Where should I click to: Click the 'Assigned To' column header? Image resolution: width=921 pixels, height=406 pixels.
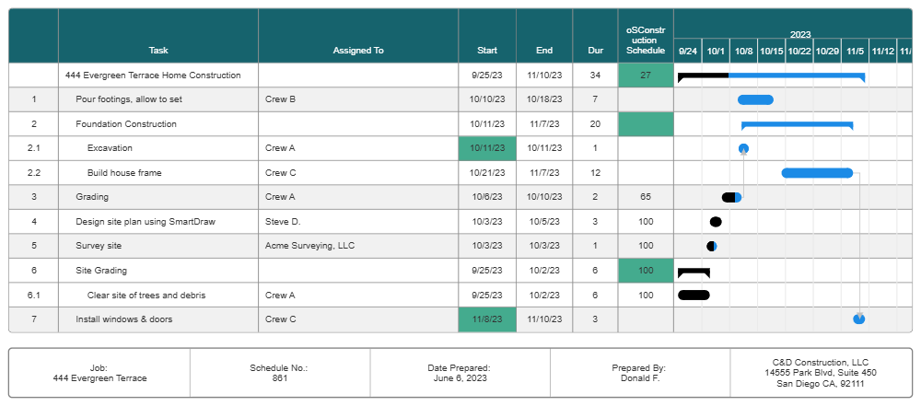[358, 51]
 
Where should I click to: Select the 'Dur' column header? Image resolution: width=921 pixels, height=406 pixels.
[595, 51]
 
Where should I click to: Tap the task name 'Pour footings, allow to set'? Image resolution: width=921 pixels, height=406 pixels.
[129, 99]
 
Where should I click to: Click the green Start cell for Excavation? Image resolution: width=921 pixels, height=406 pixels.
[486, 148]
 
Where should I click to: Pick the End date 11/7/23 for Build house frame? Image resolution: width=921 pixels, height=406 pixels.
[544, 173]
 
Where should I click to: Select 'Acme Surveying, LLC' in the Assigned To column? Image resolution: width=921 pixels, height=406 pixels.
[309, 246]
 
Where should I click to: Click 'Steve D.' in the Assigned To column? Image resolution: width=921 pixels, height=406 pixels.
[283, 222]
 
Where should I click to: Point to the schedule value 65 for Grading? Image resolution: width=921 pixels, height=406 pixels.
[646, 197]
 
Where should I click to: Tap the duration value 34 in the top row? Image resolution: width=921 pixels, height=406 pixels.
[595, 75]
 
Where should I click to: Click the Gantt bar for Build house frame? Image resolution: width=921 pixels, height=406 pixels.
[816, 172]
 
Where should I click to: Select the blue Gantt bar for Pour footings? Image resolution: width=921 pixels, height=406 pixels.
[755, 99]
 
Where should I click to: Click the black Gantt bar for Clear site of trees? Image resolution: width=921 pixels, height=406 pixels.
[694, 295]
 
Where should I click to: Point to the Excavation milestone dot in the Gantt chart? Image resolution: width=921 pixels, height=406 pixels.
[743, 148]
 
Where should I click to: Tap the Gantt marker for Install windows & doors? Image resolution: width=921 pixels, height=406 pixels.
[859, 319]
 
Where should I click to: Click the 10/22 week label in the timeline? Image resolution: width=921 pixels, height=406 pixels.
[799, 52]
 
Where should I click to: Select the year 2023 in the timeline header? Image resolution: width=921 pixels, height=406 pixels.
[799, 33]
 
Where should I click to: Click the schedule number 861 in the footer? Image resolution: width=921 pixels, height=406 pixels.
[279, 378]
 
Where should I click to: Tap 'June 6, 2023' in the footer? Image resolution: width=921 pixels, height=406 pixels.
[460, 378]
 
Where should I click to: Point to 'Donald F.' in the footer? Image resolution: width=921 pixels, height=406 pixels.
[639, 378]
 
